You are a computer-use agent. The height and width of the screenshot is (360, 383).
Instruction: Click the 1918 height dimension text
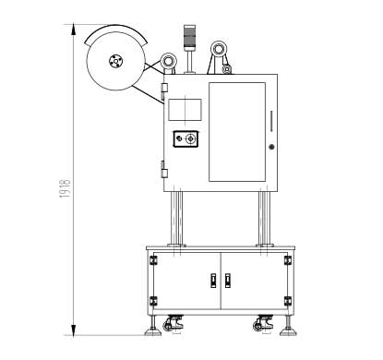(x=65, y=188)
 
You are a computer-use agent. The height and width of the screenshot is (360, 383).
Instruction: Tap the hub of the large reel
(x=116, y=61)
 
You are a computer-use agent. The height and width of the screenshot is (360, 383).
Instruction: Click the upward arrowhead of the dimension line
(x=74, y=30)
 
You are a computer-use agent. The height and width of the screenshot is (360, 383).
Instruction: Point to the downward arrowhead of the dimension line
(x=74, y=330)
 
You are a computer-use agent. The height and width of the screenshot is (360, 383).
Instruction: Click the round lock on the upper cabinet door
(x=271, y=147)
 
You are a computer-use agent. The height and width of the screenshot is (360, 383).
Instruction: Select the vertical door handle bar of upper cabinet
(x=271, y=121)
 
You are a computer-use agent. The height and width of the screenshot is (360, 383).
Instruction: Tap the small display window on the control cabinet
(x=185, y=110)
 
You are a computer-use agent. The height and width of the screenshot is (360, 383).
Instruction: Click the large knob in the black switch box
(x=191, y=139)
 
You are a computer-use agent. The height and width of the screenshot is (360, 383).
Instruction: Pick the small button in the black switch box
(x=179, y=139)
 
